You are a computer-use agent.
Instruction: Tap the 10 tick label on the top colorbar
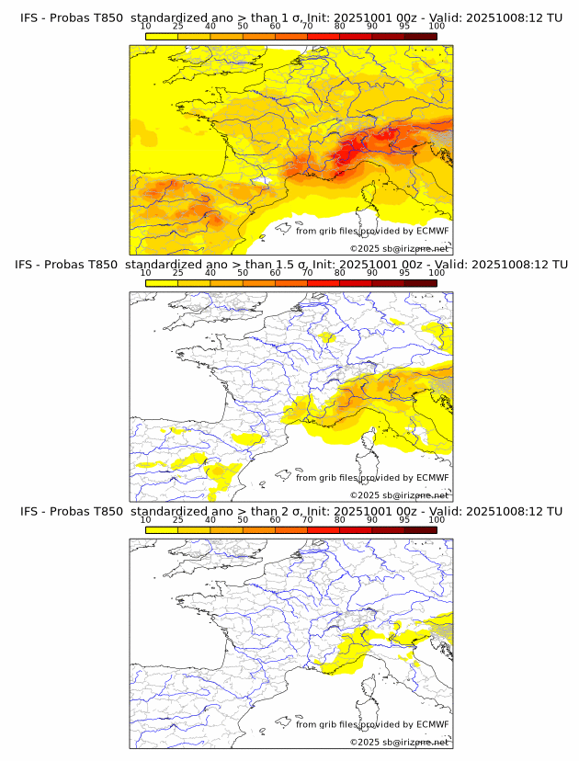pos(146,27)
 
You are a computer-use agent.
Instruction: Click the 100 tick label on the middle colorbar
pos(437,273)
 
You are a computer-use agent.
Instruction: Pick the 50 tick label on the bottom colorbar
pos(243,519)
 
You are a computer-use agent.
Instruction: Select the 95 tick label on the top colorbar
pos(404,27)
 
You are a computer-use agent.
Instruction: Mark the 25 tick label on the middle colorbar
pos(177,273)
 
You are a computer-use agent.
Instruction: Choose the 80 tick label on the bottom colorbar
pos(340,519)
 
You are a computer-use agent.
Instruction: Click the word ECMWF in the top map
pos(433,231)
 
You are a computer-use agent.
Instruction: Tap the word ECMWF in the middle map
pos(433,477)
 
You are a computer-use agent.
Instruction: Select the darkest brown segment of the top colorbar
pos(420,36)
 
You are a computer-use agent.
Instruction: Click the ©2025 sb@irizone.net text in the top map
pos(400,249)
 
